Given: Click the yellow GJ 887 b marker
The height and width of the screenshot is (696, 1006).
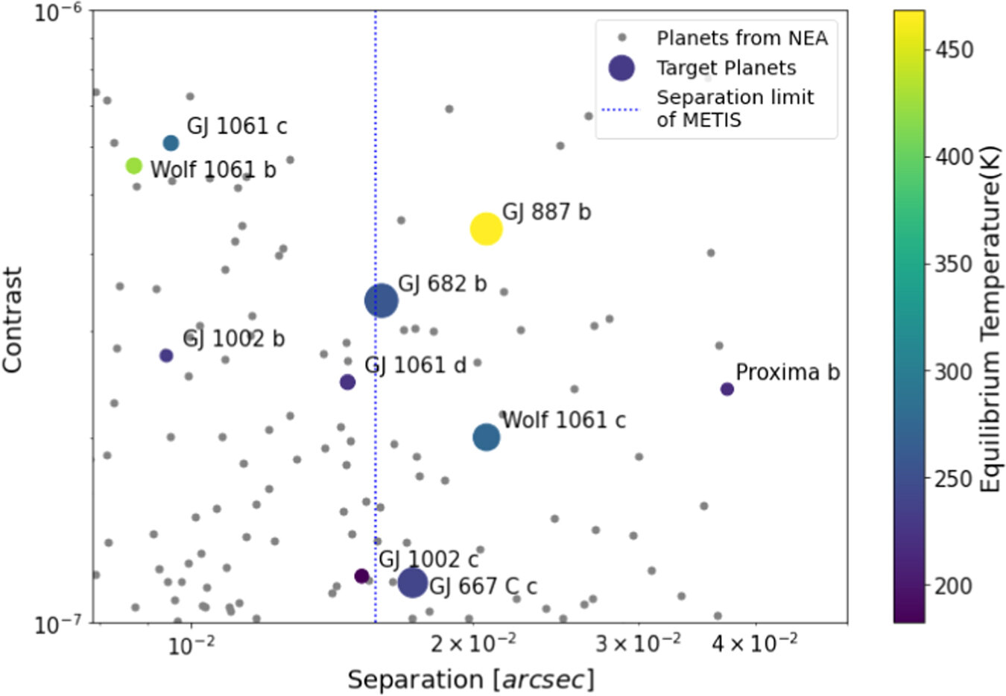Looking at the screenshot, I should pos(486,229).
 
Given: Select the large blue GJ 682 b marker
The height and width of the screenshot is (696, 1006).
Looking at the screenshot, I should pos(382,300).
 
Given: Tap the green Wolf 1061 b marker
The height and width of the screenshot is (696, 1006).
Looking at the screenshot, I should pos(134,166).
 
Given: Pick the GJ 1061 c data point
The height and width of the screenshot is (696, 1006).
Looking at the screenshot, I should pos(171,143).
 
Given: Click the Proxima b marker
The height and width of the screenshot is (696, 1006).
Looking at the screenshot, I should pos(727,389).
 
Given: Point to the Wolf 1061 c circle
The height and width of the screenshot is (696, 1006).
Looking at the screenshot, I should pos(486,437).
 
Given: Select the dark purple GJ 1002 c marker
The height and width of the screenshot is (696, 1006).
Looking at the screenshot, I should pos(361,576).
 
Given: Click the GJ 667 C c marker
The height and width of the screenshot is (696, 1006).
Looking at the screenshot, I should pos(413,582).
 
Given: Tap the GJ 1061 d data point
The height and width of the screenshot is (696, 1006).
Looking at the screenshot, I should pos(347,382).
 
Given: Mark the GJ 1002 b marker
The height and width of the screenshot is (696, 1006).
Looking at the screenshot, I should pos(166,355).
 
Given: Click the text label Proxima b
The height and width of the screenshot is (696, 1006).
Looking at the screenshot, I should pos(787,372).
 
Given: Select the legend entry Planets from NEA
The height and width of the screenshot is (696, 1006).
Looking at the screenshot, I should pos(741,38).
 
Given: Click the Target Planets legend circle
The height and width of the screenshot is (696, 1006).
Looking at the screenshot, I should pos(621,68).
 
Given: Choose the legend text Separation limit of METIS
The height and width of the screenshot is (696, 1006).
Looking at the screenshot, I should pos(735,109).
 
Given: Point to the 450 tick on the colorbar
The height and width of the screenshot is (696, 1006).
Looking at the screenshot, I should pos(953,50).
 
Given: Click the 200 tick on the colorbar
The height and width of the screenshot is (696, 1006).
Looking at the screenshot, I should pos(953,586).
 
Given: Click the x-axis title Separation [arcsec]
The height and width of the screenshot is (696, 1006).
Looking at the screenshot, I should pos(471,680).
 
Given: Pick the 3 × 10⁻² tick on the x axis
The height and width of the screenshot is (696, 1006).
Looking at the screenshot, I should pos(638,642).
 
